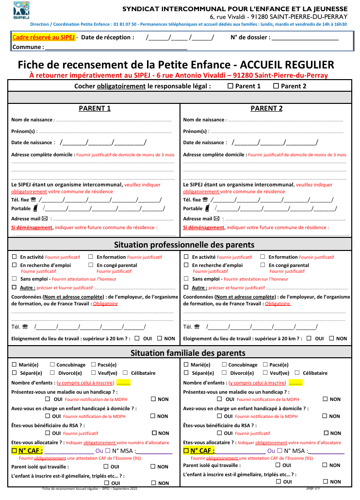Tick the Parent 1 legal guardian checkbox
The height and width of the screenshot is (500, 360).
(230, 86)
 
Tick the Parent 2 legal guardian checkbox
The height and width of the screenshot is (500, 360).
(276, 86)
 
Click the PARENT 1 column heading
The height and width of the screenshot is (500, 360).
(95, 108)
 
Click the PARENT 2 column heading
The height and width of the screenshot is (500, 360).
(266, 108)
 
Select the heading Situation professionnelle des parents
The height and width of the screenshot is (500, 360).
(184, 244)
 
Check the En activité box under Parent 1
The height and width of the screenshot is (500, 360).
(15, 257)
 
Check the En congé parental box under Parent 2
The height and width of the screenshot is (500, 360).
(262, 265)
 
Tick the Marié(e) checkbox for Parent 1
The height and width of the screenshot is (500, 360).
(15, 365)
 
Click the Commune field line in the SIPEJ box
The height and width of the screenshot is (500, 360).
(116, 48)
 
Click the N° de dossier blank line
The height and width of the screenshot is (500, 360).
(305, 37)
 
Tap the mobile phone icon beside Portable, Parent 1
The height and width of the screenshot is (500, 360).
(35, 209)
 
